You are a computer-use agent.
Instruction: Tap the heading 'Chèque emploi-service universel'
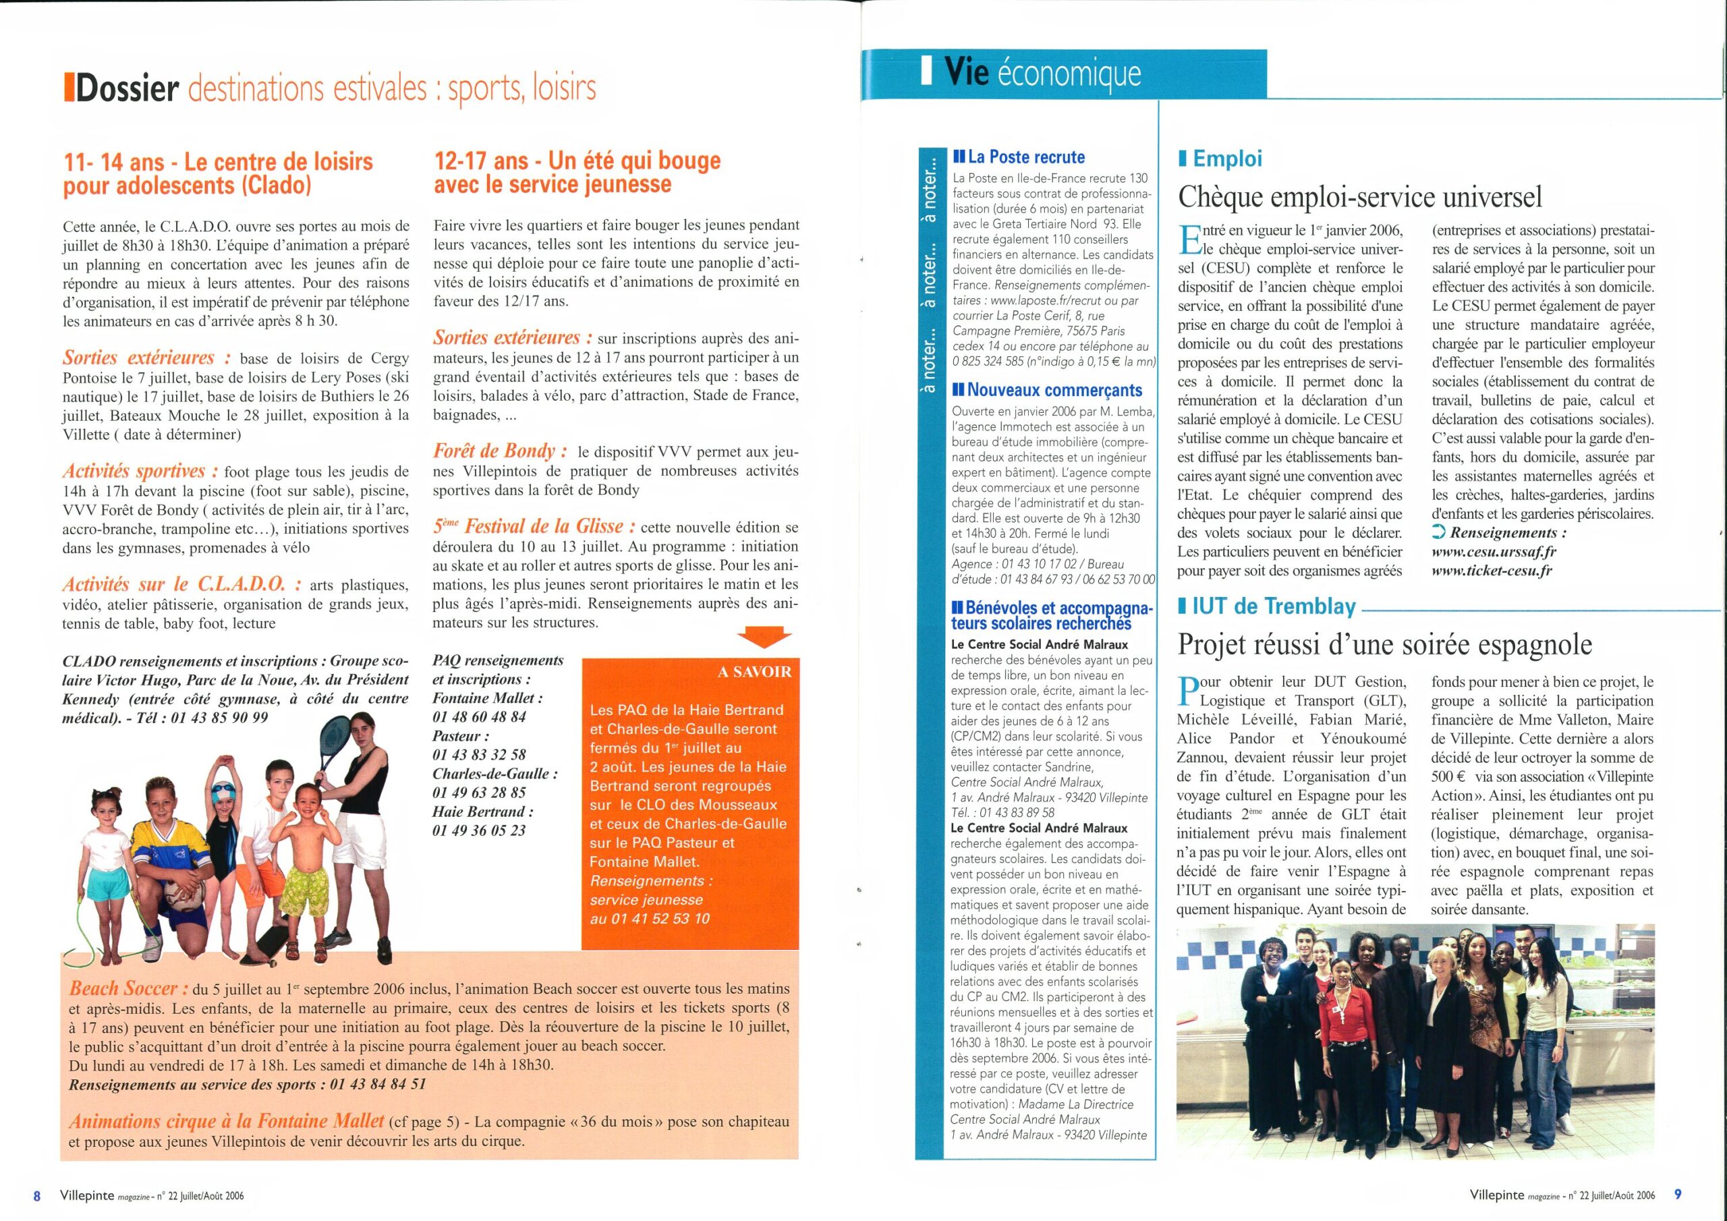coord(1360,197)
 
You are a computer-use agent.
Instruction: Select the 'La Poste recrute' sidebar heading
coord(1026,157)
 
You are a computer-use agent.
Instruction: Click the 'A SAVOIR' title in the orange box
coord(754,671)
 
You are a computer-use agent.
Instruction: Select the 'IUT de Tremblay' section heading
coord(1274,606)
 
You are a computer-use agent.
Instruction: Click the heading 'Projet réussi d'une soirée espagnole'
coord(1385,645)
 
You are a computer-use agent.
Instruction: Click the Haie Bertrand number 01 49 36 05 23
coord(478,831)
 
